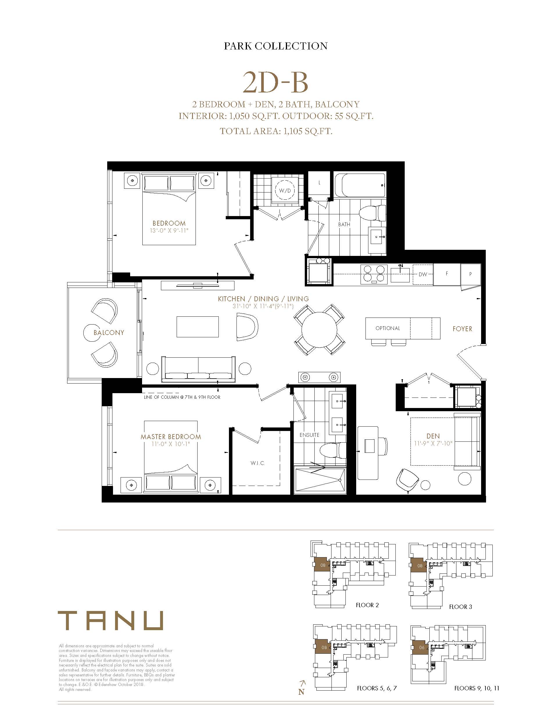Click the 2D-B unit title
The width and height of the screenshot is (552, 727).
coord(275,83)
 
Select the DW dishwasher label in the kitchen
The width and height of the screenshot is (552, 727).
coord(423,274)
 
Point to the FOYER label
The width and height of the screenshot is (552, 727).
coord(462,329)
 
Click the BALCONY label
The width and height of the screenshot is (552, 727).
coord(109,332)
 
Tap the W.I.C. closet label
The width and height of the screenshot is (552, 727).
coord(258,463)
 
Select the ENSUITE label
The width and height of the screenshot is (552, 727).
coord(309,435)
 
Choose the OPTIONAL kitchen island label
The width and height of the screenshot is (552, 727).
coord(388,328)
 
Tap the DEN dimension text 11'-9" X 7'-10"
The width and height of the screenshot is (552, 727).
coord(433,443)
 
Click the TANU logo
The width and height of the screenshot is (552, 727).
coord(110,621)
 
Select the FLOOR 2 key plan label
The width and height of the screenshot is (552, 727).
coord(367,605)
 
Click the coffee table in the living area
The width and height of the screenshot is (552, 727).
coord(198,327)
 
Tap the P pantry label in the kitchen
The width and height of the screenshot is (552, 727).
coord(471,274)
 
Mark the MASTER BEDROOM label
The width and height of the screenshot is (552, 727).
coord(171,437)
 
